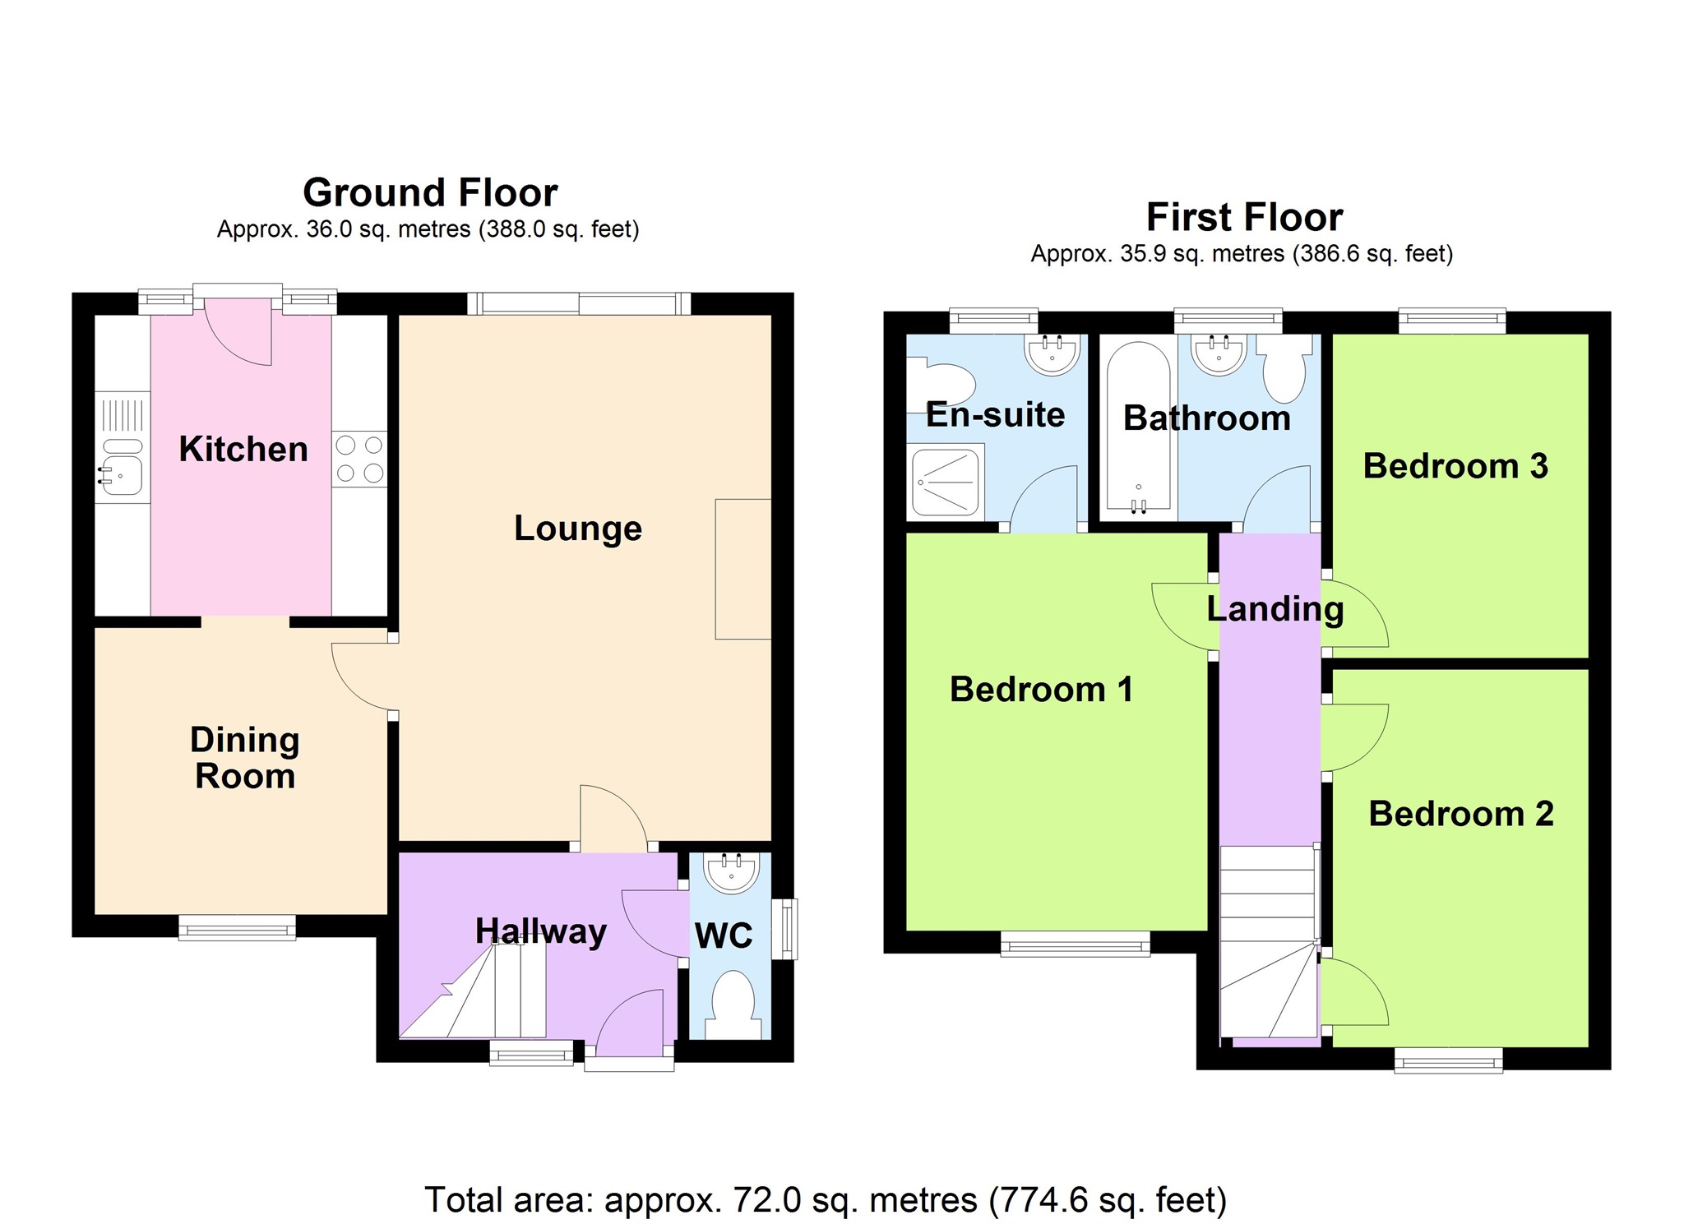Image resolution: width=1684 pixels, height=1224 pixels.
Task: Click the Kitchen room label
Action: (x=243, y=449)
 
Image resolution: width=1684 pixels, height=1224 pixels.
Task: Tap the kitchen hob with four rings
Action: (x=359, y=459)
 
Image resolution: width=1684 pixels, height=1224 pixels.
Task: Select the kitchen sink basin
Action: (x=123, y=474)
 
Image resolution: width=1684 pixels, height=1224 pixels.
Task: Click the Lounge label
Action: (x=577, y=528)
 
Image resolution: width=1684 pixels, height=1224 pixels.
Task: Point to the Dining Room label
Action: (x=244, y=757)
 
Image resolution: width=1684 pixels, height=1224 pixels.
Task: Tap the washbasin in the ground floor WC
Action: (x=731, y=872)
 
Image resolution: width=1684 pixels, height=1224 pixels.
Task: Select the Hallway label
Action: (x=540, y=931)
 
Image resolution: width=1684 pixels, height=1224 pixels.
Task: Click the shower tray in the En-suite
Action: (x=945, y=481)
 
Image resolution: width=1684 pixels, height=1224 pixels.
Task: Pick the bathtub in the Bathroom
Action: (x=1138, y=427)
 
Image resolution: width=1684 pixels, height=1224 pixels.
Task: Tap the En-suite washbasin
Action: (x=1052, y=354)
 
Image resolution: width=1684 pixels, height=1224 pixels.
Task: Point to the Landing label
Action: (x=1275, y=608)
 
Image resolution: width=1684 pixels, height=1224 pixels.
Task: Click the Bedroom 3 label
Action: (x=1455, y=465)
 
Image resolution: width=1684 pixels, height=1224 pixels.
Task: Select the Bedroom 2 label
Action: (x=1460, y=813)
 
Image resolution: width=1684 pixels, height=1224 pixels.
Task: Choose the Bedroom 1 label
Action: (x=1040, y=689)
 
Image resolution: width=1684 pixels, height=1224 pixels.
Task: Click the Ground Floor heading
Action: (x=430, y=192)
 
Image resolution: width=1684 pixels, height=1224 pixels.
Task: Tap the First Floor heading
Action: (x=1243, y=217)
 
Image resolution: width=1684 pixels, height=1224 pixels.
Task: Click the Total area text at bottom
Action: (x=825, y=1199)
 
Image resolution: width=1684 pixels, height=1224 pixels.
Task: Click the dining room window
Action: (x=238, y=929)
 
